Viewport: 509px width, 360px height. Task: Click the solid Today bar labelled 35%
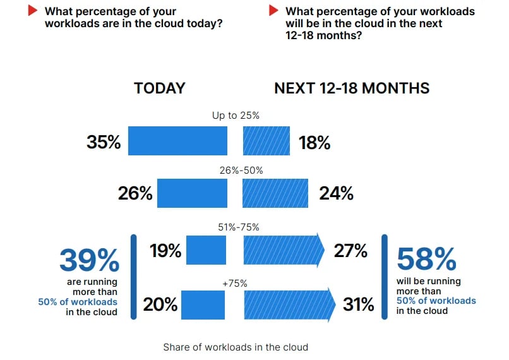177,140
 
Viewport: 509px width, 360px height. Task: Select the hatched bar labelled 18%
266,140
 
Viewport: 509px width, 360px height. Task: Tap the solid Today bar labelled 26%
192,193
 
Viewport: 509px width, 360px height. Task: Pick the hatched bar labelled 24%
275,193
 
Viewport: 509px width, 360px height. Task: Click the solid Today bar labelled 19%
207,249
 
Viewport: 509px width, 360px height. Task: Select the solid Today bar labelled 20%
203,304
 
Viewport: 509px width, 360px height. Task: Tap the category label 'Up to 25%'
236,116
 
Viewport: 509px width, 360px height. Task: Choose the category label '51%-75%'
236,227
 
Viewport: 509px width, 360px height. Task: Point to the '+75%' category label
235,284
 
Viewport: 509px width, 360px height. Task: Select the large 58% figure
426,260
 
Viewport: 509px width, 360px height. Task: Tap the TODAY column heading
159,88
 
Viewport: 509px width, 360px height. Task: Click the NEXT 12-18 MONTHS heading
352,88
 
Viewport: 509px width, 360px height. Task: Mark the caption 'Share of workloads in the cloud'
236,347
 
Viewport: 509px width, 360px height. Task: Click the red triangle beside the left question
32,11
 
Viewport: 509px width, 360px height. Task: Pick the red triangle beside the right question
273,11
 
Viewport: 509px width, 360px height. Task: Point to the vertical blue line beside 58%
385,276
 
